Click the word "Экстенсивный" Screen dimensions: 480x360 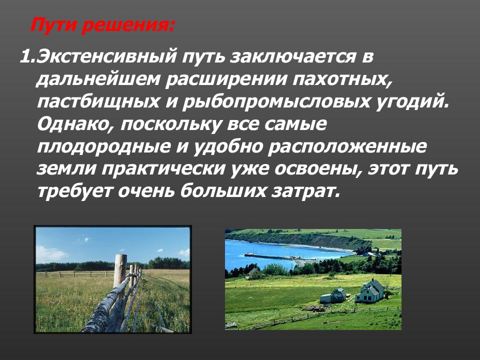pyautogui.click(x=106, y=57)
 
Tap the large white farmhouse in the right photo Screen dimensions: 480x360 pyautogui.click(x=370, y=291)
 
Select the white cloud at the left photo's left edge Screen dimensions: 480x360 pyautogui.click(x=50, y=254)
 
